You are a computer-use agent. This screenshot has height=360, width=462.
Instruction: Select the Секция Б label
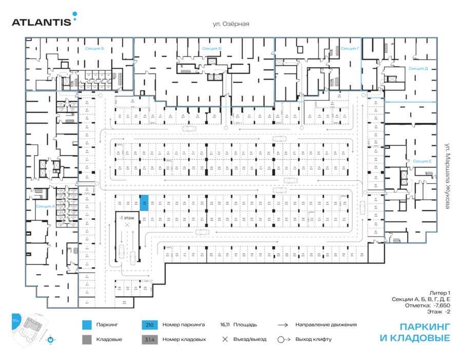[94, 49]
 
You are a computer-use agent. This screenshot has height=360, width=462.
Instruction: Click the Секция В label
[211, 49]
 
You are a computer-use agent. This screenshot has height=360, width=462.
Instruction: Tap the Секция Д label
[418, 68]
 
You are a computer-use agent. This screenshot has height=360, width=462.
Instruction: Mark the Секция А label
[45, 206]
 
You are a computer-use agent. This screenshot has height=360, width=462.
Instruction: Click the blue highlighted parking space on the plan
[145, 203]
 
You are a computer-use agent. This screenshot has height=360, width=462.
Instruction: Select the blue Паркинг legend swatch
[87, 325]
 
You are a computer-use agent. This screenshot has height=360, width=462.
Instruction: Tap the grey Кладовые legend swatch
[87, 339]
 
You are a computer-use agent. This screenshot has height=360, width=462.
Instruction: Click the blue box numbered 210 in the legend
[149, 325]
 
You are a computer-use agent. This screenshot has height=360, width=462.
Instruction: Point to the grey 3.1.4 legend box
[149, 339]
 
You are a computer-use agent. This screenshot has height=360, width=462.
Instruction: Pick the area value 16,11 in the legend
[224, 325]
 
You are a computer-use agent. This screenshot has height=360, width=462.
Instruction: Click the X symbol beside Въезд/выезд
[224, 339]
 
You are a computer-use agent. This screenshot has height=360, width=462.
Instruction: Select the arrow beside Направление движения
[283, 325]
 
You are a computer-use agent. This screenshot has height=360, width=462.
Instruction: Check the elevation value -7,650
[441, 305]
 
